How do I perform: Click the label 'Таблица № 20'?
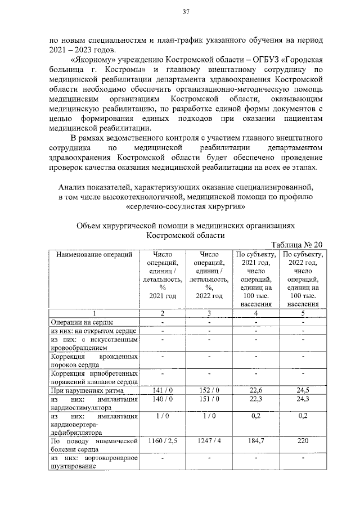pos(297,245)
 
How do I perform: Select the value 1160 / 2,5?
pos(162,442)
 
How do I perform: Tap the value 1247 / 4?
pos(209,442)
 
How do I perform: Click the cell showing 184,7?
pos(256,442)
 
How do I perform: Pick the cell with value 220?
pos(303,442)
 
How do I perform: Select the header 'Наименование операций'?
pos(94,254)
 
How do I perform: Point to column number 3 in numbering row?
pos(209,313)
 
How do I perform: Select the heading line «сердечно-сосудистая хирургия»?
pos(186,206)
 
